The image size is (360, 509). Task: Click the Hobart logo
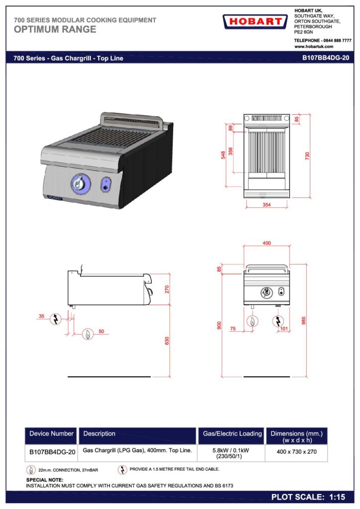click(x=255, y=21)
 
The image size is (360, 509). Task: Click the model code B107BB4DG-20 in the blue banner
click(x=326, y=58)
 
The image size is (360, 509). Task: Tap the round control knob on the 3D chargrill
click(x=81, y=183)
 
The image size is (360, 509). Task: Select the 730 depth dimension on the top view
click(x=307, y=156)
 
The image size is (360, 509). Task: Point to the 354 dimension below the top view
click(x=267, y=204)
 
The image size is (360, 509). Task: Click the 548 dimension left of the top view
click(x=223, y=155)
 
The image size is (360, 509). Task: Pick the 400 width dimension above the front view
click(x=267, y=243)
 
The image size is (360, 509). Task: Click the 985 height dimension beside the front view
click(x=303, y=321)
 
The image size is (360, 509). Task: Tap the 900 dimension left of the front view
click(x=219, y=325)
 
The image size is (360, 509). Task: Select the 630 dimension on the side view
click(x=167, y=340)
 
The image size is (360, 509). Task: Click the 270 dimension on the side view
click(x=167, y=289)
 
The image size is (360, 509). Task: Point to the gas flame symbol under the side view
click(x=88, y=334)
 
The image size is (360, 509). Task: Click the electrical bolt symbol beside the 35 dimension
click(x=56, y=319)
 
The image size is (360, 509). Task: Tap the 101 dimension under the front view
click(x=284, y=329)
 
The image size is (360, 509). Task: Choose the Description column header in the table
click(x=99, y=433)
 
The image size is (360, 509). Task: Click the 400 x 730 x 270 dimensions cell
click(x=296, y=451)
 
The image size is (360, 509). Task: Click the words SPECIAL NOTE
click(x=44, y=480)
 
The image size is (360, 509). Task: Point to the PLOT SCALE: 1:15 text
click(x=308, y=497)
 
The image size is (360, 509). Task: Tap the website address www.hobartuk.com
click(x=314, y=46)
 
